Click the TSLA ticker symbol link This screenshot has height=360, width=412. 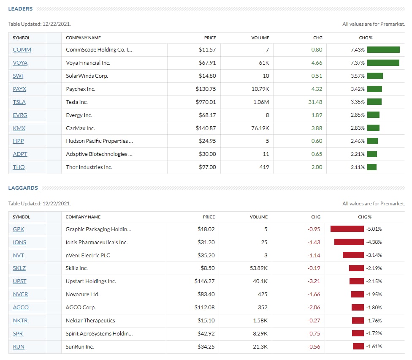tap(19, 102)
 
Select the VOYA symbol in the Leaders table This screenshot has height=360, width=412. tap(20, 63)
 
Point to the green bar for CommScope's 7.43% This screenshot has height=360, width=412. tap(383, 50)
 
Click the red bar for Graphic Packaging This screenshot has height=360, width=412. tap(347, 229)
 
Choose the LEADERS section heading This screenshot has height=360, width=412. tap(20, 9)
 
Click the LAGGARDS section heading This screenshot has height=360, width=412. tap(23, 188)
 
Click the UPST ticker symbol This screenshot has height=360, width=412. tap(20, 281)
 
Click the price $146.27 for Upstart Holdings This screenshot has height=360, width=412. tap(204, 281)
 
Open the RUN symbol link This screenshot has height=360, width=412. tap(19, 347)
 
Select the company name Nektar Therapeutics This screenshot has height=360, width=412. tap(90, 321)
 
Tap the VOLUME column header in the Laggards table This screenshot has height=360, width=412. tap(258, 217)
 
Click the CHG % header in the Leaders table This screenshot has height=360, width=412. tap(366, 38)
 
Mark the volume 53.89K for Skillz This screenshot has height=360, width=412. tap(258, 268)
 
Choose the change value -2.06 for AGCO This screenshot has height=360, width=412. tap(314, 308)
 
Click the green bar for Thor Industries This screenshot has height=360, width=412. tap(372, 167)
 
